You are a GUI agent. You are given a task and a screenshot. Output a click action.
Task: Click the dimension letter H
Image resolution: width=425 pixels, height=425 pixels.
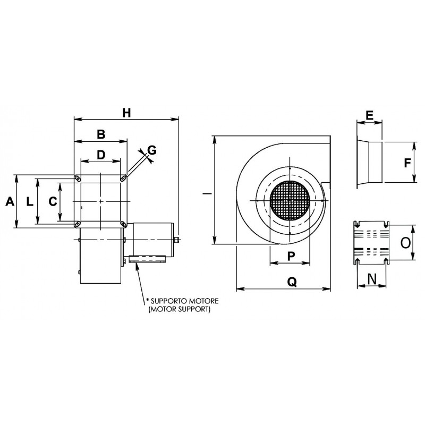(x=126, y=113)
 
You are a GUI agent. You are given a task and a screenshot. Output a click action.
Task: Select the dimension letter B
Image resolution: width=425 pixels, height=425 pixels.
(x=101, y=134)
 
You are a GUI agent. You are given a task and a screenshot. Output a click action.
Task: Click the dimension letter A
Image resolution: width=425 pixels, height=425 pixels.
(x=9, y=201)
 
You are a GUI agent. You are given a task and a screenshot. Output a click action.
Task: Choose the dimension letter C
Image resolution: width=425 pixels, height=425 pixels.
(x=52, y=201)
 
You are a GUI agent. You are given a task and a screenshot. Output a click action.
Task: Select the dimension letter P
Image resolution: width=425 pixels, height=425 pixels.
(x=291, y=256)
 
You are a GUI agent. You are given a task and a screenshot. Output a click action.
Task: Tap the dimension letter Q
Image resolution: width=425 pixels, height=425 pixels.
(x=292, y=283)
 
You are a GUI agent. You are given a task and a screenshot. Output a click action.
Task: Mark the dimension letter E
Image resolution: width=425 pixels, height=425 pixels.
(x=369, y=115)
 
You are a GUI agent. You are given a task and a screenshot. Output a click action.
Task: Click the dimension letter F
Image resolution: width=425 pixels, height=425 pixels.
(x=407, y=163)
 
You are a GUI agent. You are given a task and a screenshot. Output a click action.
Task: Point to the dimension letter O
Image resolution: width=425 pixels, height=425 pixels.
(x=405, y=243)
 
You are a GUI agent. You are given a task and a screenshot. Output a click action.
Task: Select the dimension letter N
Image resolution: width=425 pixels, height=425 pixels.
(x=372, y=278)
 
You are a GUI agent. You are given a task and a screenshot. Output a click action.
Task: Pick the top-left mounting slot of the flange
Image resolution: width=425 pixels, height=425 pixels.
(x=78, y=178)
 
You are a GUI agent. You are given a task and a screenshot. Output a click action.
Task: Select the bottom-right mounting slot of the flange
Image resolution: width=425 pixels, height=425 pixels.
(x=123, y=224)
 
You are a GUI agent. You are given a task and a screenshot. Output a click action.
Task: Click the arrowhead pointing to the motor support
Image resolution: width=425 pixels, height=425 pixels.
(x=138, y=266)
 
